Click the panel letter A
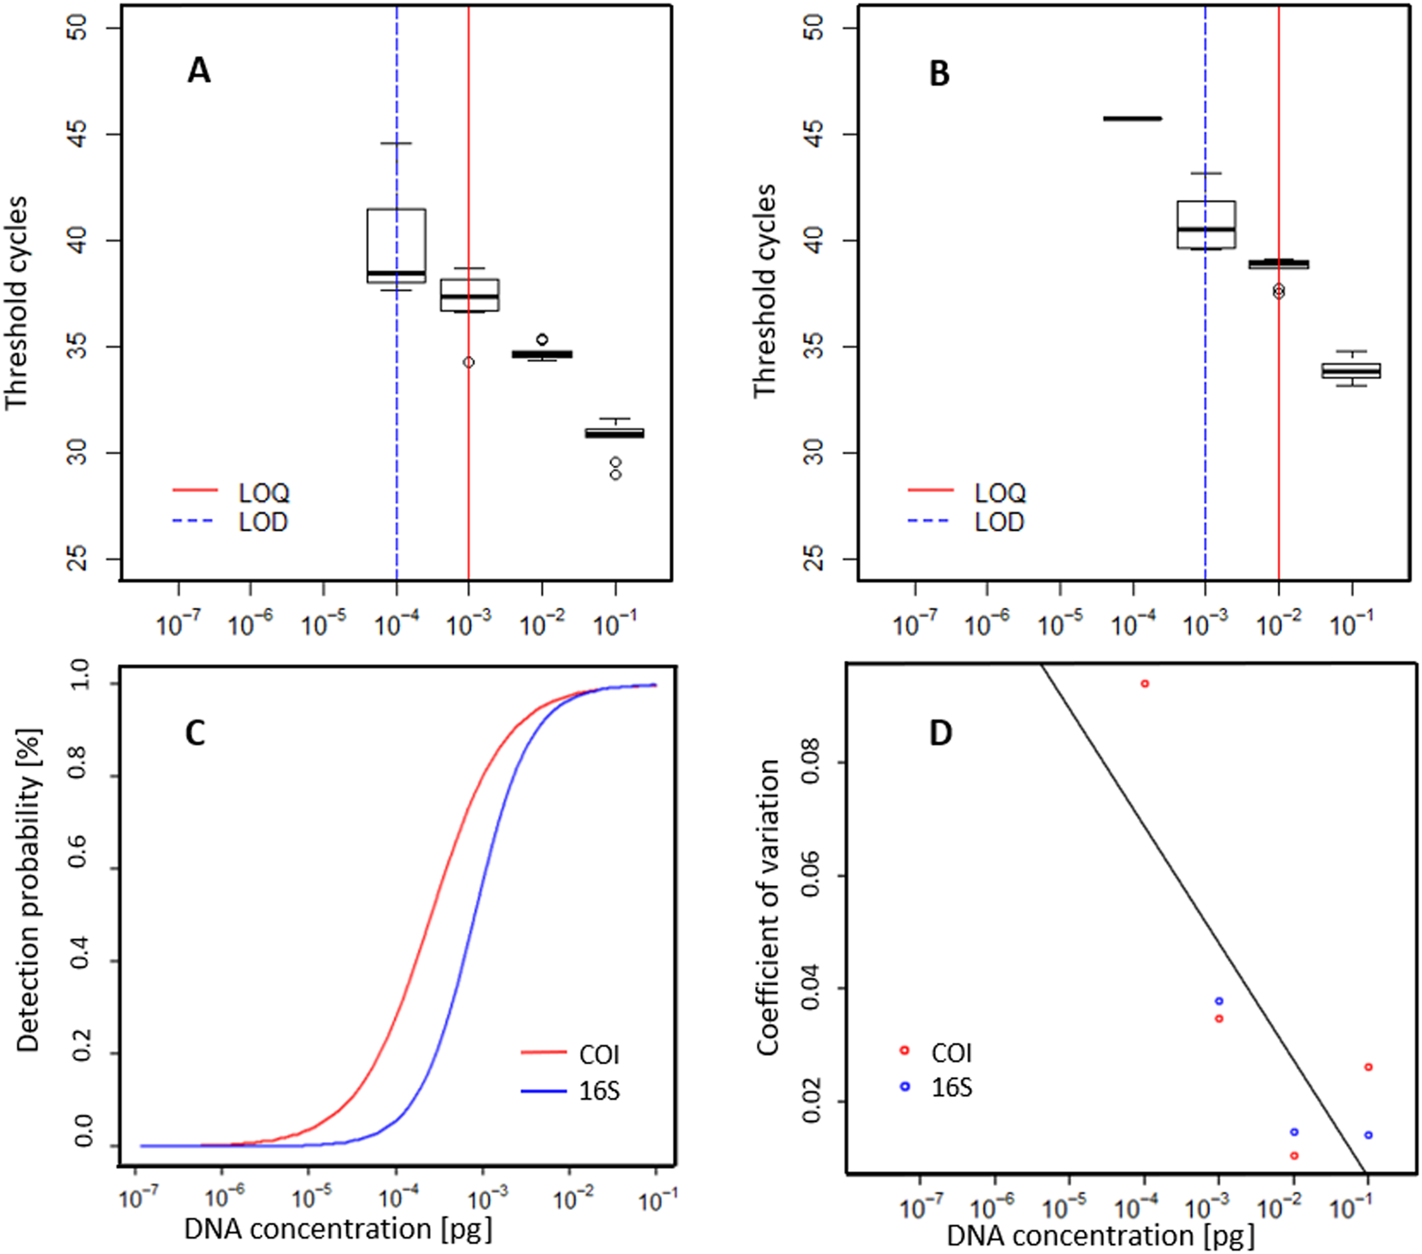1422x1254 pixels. (198, 71)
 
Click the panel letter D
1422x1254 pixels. (940, 733)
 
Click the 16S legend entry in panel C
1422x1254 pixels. (599, 1091)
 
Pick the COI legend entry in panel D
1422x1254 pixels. (951, 1053)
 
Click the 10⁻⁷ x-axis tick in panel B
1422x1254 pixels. (914, 622)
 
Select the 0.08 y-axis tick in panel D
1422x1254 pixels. (809, 763)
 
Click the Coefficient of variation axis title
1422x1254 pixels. (768, 907)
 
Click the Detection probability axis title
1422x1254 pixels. (28, 889)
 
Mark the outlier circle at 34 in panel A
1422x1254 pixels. (468, 363)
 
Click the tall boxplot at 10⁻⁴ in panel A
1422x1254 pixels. (396, 246)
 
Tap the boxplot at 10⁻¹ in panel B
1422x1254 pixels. (1351, 371)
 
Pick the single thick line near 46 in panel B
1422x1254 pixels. (1132, 119)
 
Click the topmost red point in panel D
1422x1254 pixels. (1144, 683)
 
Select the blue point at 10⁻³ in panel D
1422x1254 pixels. (1219, 1001)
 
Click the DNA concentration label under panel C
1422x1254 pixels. (338, 1228)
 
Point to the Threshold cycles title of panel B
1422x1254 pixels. (764, 290)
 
